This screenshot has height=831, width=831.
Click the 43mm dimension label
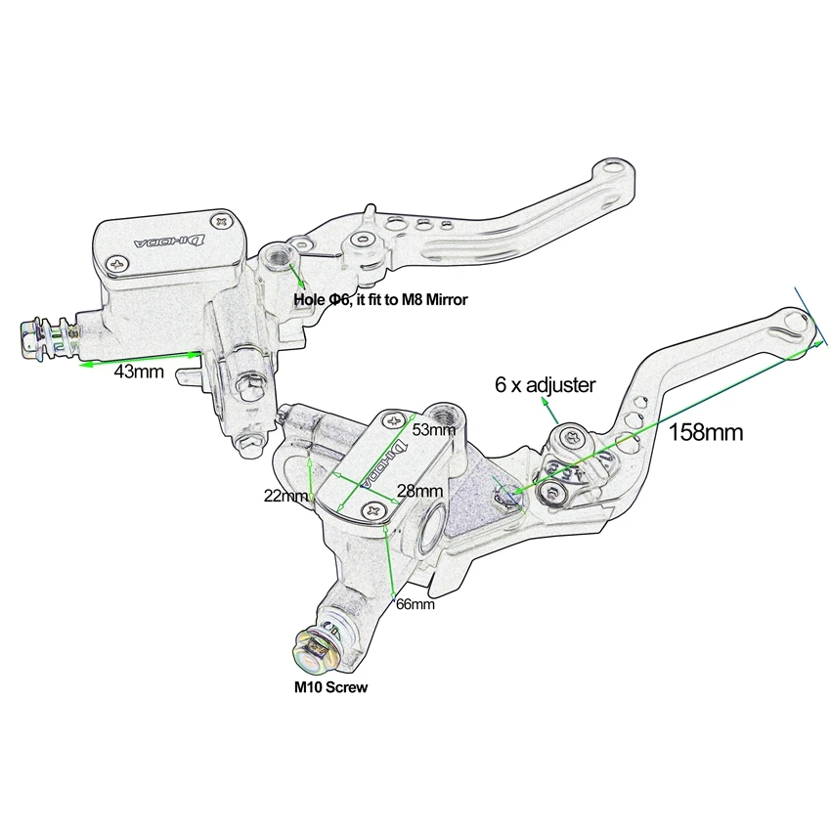point(139,372)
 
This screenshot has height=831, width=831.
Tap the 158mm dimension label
point(706,432)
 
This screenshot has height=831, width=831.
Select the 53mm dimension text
point(433,429)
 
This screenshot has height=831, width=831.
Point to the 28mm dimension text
point(419,491)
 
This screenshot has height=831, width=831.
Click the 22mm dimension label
point(285,496)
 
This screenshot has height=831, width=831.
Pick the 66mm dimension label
point(415,603)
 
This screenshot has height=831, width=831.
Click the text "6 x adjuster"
point(545,385)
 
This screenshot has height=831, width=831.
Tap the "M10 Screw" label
point(330,687)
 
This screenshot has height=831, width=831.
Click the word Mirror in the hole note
point(447,299)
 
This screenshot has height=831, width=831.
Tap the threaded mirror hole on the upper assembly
point(276,255)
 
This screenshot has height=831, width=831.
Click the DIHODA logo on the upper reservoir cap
point(170,241)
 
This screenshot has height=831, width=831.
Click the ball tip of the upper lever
point(614,170)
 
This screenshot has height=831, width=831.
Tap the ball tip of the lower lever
point(797,324)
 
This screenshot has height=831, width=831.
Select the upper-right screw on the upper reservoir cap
point(222,221)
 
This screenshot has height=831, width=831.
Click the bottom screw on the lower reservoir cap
point(372,510)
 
